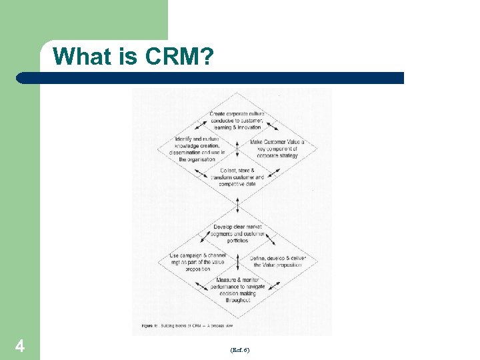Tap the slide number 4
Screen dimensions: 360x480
pyautogui.click(x=20, y=346)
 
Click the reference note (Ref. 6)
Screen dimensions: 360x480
pyautogui.click(x=239, y=349)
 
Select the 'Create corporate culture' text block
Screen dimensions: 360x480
pyautogui.click(x=237, y=121)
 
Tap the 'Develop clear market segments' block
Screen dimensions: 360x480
pyautogui.click(x=237, y=233)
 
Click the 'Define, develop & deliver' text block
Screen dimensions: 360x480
pyautogui.click(x=277, y=261)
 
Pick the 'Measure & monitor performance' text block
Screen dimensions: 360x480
pyautogui.click(x=237, y=290)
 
